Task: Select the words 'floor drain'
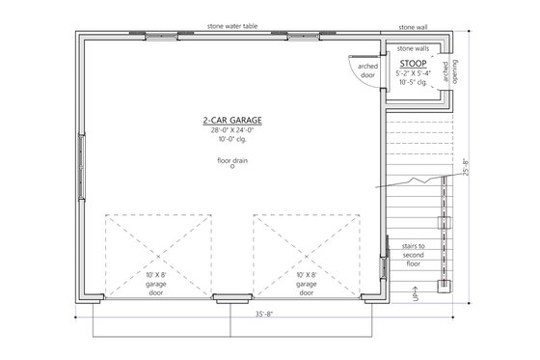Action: [x=231, y=160]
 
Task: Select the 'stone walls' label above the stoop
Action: [x=414, y=46]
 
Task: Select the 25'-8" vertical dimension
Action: [x=468, y=167]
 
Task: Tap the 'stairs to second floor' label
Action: [x=415, y=255]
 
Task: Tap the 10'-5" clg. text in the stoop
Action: [x=413, y=82]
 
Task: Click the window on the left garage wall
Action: [x=81, y=165]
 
